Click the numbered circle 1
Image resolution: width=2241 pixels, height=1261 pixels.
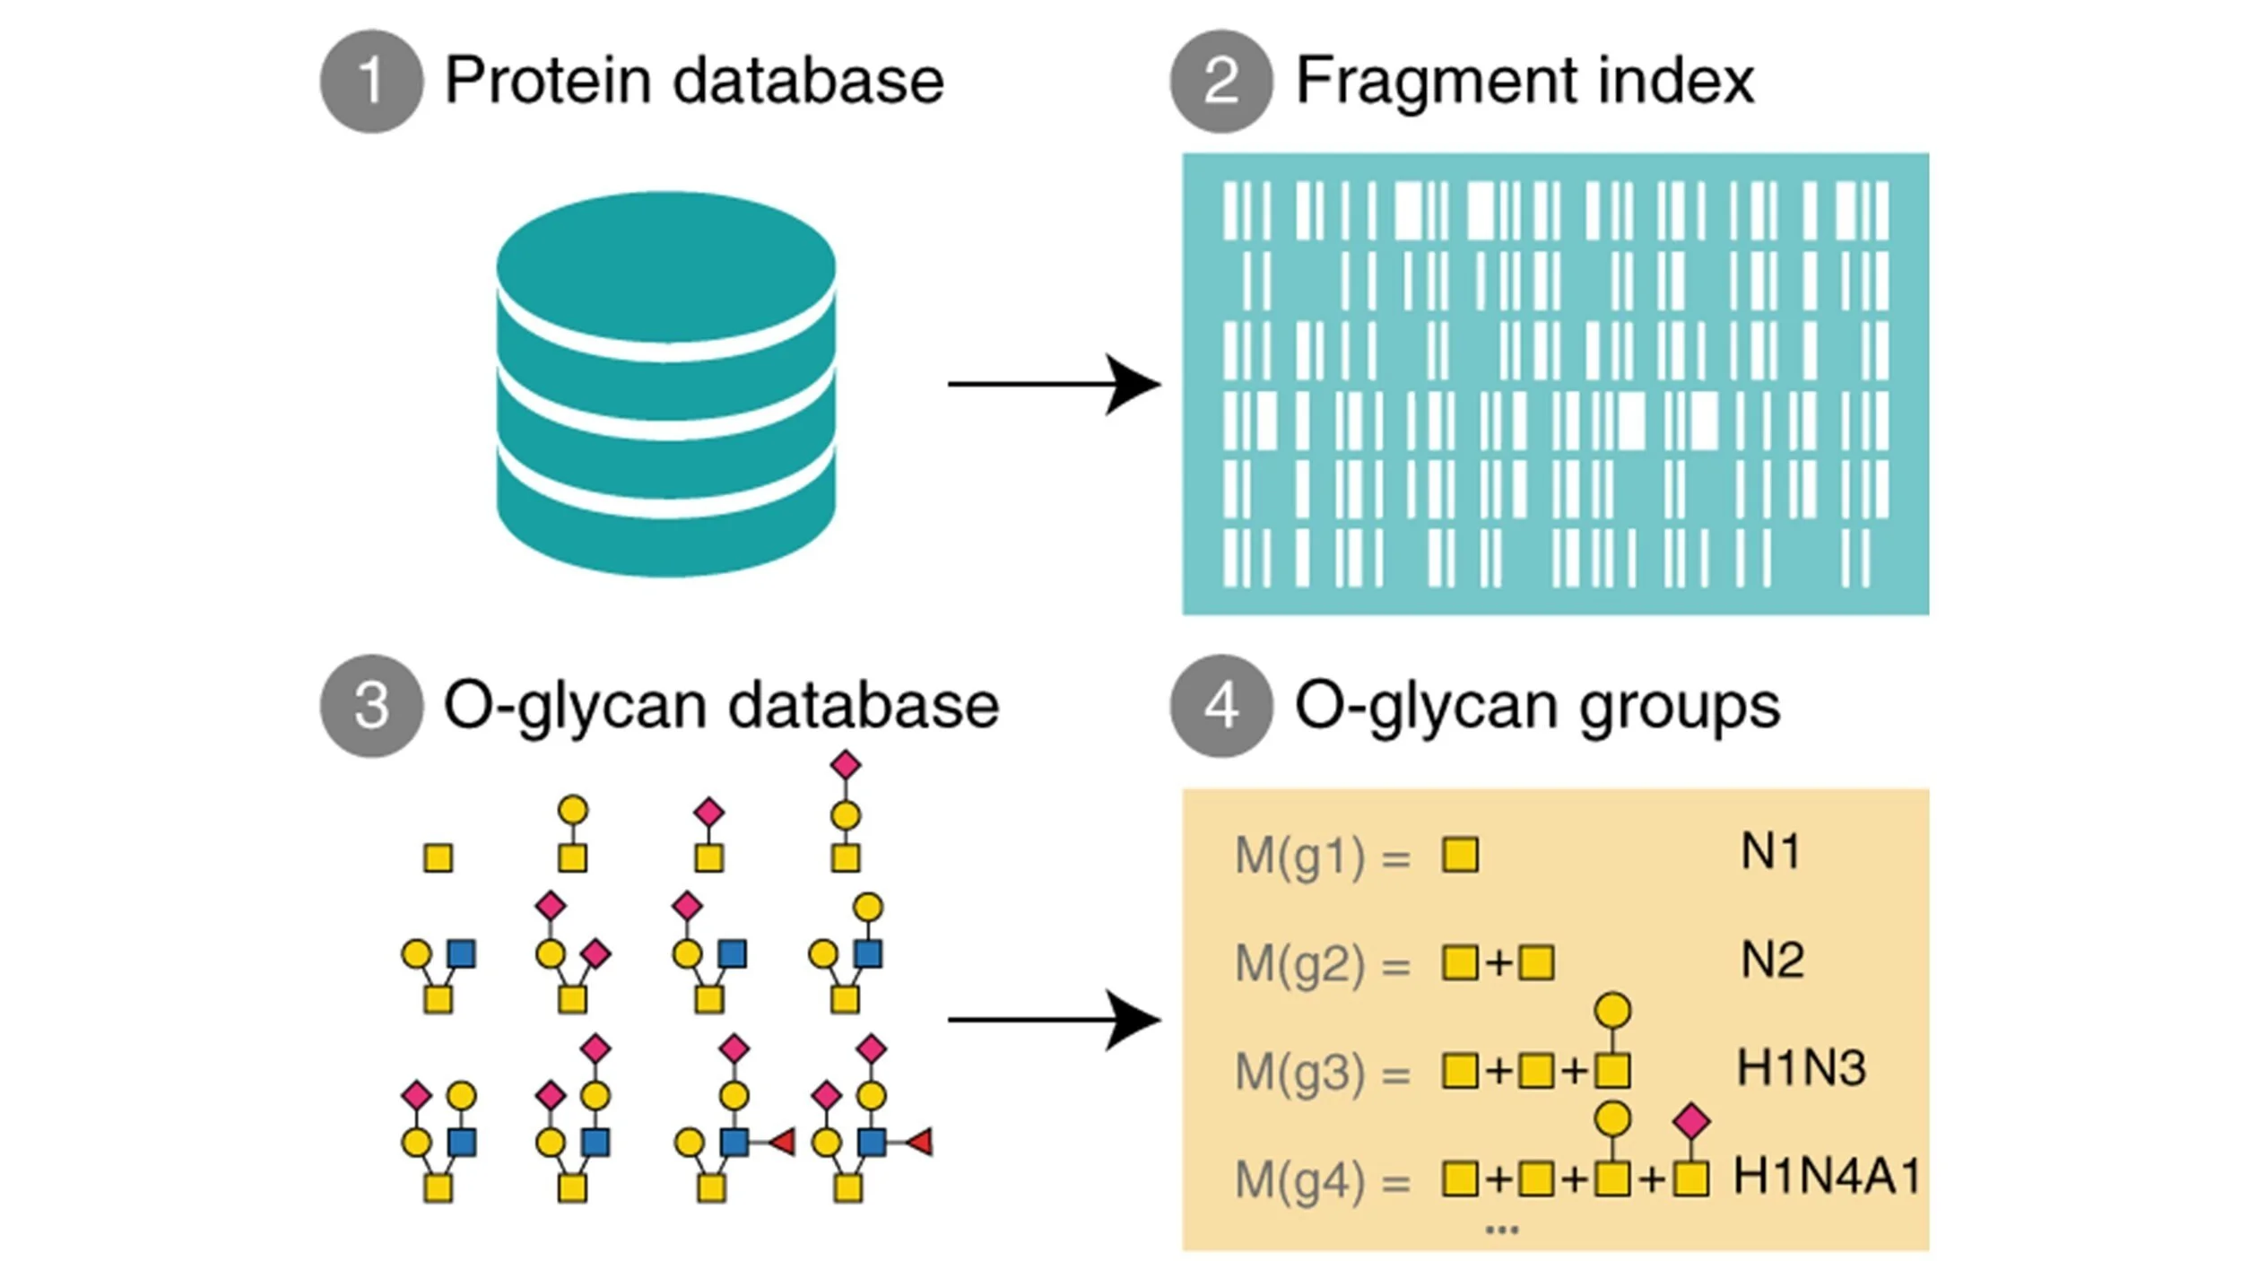click(x=371, y=82)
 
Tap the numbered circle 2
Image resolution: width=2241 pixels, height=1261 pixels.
click(x=1220, y=82)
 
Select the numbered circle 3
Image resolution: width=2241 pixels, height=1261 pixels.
click(x=371, y=706)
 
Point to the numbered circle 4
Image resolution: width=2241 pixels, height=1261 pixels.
click(x=1220, y=706)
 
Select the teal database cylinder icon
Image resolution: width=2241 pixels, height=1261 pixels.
click(x=665, y=384)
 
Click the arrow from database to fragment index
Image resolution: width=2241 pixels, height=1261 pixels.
click(x=1053, y=384)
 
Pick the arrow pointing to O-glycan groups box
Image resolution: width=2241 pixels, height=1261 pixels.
click(x=1053, y=1020)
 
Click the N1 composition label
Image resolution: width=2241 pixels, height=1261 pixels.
click(x=1770, y=851)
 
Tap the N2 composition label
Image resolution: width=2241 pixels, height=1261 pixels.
click(x=1772, y=960)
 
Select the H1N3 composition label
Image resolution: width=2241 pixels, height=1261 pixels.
click(x=1801, y=1067)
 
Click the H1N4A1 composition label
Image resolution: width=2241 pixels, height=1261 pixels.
click(x=1826, y=1176)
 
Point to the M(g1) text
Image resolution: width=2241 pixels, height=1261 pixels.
click(x=1299, y=855)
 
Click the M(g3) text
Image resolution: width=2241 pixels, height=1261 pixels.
click(x=1299, y=1072)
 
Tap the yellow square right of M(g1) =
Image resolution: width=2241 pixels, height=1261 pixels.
click(x=1460, y=855)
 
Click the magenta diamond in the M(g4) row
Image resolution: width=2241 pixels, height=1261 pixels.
click(x=1691, y=1122)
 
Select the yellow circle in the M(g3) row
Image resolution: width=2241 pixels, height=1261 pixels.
click(x=1612, y=1011)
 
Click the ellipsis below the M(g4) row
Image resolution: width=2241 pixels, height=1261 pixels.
click(x=1502, y=1230)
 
